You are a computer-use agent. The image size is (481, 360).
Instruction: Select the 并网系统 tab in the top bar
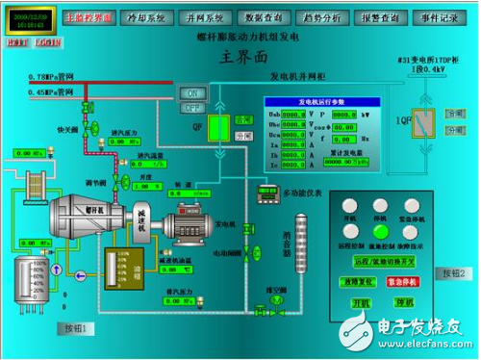click(205, 17)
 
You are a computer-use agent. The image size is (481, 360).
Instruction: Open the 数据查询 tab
click(265, 17)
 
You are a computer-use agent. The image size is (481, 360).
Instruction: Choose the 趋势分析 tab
click(324, 17)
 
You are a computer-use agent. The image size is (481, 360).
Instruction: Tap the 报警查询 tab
click(383, 17)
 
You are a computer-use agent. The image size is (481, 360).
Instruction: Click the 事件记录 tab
click(442, 17)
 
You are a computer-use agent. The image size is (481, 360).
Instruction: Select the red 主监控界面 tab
click(88, 17)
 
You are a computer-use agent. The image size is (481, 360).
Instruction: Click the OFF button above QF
click(192, 108)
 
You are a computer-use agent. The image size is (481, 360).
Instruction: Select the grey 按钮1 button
click(76, 328)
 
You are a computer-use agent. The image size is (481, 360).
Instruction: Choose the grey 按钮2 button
click(453, 273)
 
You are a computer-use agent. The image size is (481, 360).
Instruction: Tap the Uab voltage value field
click(295, 114)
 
